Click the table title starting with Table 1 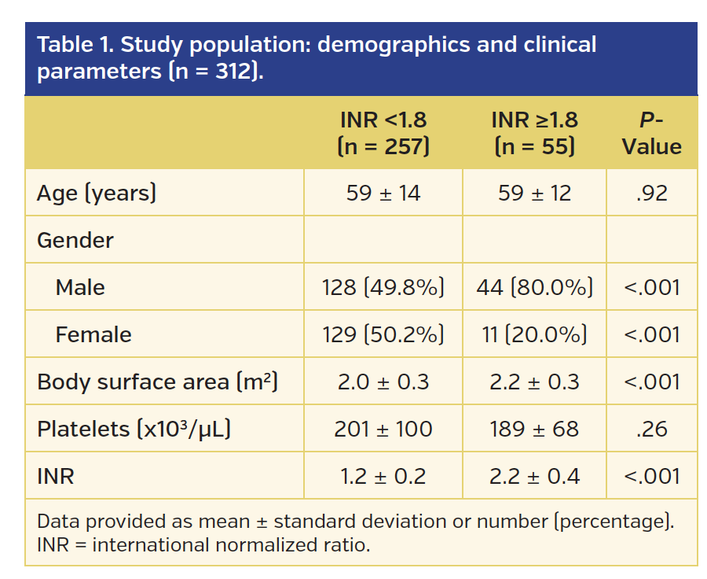[316, 57]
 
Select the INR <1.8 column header [383, 133]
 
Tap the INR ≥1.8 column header [534, 133]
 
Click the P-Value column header [651, 133]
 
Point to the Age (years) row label [97, 193]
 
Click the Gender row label [75, 240]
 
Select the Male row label [80, 287]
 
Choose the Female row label [93, 334]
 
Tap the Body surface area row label [157, 382]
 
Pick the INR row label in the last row [55, 476]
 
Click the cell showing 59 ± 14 [383, 193]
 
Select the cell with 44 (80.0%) [534, 287]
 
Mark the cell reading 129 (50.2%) [383, 334]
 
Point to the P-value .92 [651, 193]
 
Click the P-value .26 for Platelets [651, 429]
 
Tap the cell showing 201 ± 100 [383, 429]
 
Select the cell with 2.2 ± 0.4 [534, 476]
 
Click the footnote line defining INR [203, 544]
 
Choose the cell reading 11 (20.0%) [534, 334]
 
